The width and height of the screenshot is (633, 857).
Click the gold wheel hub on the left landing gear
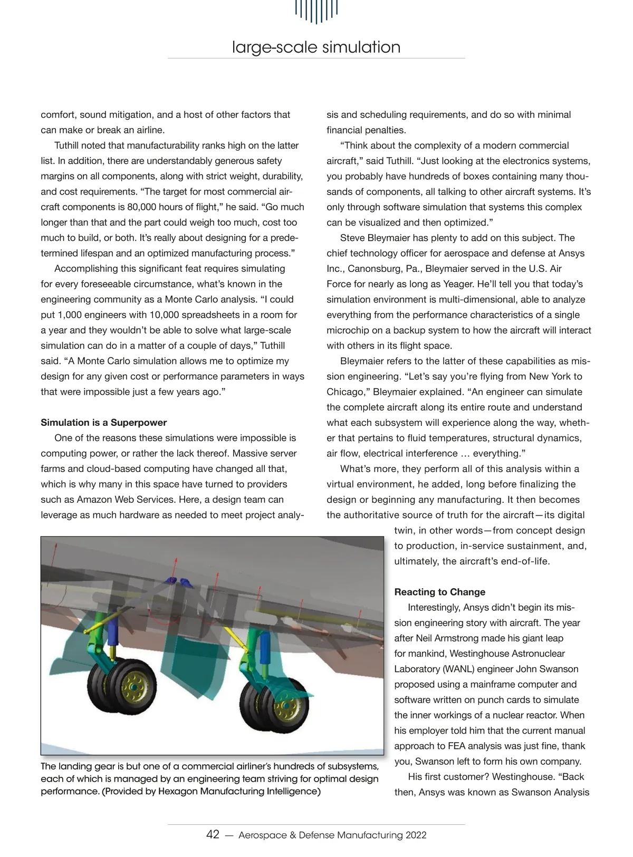pos(133,687)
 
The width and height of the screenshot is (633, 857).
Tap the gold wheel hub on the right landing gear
pos(285,704)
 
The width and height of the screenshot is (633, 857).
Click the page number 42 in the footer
pos(213,834)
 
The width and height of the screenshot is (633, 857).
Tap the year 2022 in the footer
pos(416,835)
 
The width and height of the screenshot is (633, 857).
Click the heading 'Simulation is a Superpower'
pos(103,422)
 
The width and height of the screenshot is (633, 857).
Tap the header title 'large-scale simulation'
pos(316,47)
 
